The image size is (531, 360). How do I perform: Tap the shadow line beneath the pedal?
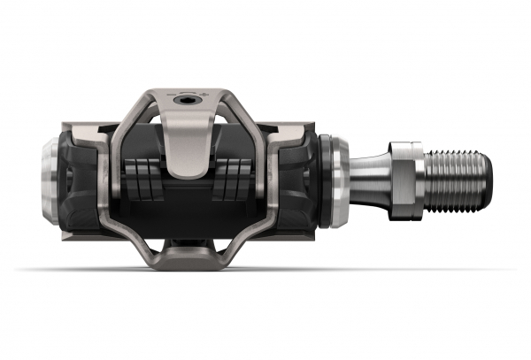point(265,270)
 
